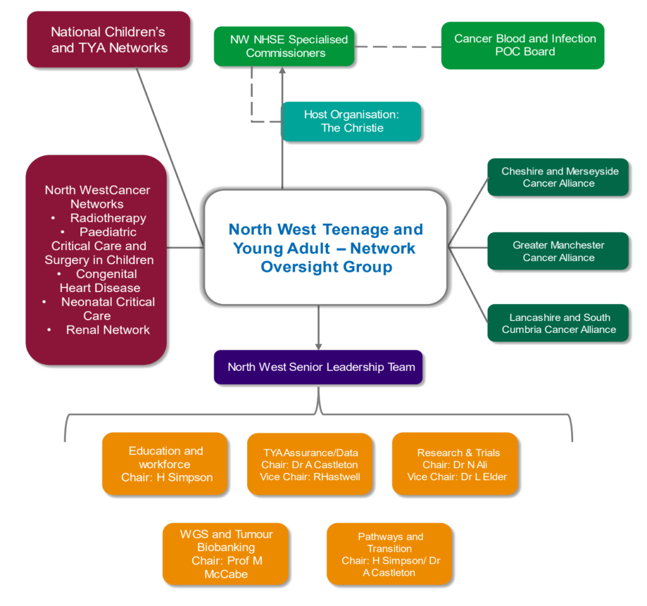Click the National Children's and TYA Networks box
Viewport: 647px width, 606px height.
point(109,39)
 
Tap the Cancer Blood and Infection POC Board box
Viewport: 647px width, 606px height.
point(524,45)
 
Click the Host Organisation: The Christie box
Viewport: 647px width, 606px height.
point(352,121)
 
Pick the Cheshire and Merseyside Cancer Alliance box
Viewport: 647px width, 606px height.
point(559,178)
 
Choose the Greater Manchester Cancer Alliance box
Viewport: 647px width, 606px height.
point(559,251)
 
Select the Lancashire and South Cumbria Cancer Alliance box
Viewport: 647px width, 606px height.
point(559,323)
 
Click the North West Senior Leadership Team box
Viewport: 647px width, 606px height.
point(321,367)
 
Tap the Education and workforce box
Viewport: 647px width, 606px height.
point(166,464)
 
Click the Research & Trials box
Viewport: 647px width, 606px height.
point(457,464)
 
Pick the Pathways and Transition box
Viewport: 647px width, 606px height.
point(390,554)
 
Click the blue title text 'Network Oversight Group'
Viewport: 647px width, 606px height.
point(327,257)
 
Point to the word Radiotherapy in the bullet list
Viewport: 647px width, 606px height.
point(107,218)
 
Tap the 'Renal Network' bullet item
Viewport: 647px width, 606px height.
point(107,330)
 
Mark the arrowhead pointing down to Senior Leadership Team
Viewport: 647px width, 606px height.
point(319,344)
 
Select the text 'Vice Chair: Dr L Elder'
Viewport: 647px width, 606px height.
point(457,477)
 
